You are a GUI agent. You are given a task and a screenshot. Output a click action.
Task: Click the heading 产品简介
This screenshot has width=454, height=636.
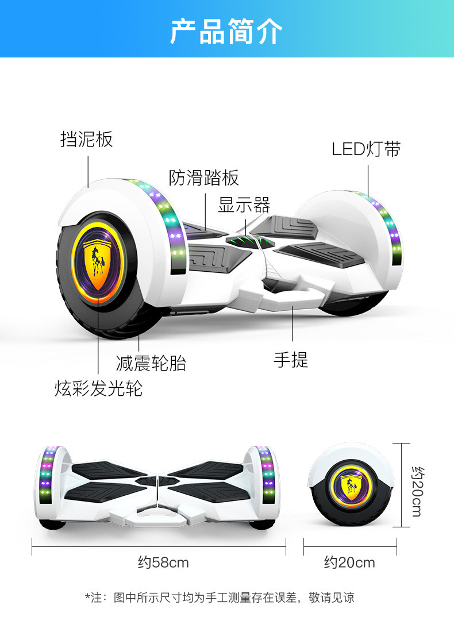[x=226, y=32]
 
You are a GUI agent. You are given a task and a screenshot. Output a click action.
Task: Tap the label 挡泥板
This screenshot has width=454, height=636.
[x=86, y=139]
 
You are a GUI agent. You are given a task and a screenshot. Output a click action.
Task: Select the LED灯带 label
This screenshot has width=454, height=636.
[x=366, y=149]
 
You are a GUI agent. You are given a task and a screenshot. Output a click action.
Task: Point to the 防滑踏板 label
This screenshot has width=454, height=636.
[x=203, y=178]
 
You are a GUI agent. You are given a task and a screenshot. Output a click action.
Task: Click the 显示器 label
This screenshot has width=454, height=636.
[x=244, y=205]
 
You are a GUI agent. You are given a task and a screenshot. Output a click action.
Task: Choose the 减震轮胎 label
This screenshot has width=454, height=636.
[x=151, y=363]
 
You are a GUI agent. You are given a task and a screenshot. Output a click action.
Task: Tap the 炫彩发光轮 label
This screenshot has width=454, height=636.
[x=98, y=389]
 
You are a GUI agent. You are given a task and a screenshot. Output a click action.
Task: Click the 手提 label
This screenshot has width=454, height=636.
[x=291, y=360]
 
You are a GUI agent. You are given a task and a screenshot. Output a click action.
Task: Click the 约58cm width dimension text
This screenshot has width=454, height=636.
[x=163, y=562]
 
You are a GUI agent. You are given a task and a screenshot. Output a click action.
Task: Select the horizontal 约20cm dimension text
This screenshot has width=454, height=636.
[x=349, y=562]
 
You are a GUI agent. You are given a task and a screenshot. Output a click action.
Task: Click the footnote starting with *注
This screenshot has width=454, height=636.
[x=220, y=598]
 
